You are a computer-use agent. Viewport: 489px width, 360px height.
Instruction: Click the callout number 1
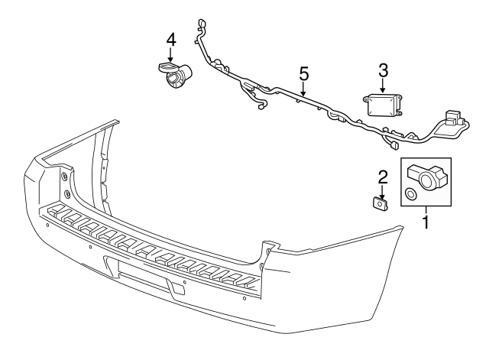click(426, 224)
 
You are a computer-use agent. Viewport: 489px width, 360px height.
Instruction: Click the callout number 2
click(383, 176)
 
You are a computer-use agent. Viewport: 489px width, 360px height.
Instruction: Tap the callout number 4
click(170, 39)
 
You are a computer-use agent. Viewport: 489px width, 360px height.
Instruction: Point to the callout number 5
click(303, 74)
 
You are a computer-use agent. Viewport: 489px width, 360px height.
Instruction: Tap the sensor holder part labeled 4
click(176, 74)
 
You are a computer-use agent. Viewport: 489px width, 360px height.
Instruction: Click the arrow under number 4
click(170, 55)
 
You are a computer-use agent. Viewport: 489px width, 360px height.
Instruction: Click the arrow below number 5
click(303, 90)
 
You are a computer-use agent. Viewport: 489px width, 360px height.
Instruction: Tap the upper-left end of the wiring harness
click(200, 23)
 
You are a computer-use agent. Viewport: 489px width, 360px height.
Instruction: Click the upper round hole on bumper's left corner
click(64, 177)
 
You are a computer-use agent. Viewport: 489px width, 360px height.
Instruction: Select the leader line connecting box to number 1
click(426, 213)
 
